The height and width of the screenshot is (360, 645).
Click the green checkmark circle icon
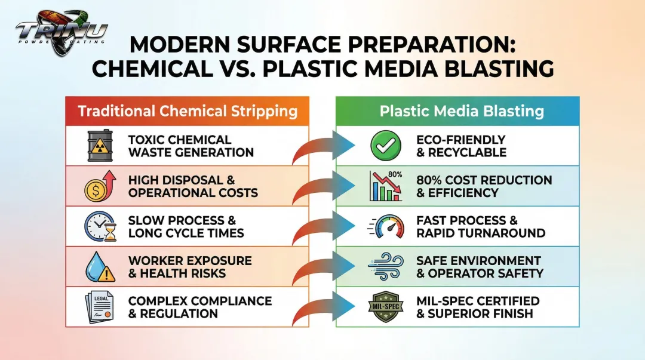click(382, 146)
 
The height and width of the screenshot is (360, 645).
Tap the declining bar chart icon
click(386, 186)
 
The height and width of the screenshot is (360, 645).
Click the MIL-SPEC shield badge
click(384, 307)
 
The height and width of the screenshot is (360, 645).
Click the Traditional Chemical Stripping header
click(188, 111)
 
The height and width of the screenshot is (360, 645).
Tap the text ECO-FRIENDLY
click(460, 140)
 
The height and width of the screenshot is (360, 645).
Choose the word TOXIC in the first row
click(146, 140)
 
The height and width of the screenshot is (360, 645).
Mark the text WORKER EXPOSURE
click(189, 261)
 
